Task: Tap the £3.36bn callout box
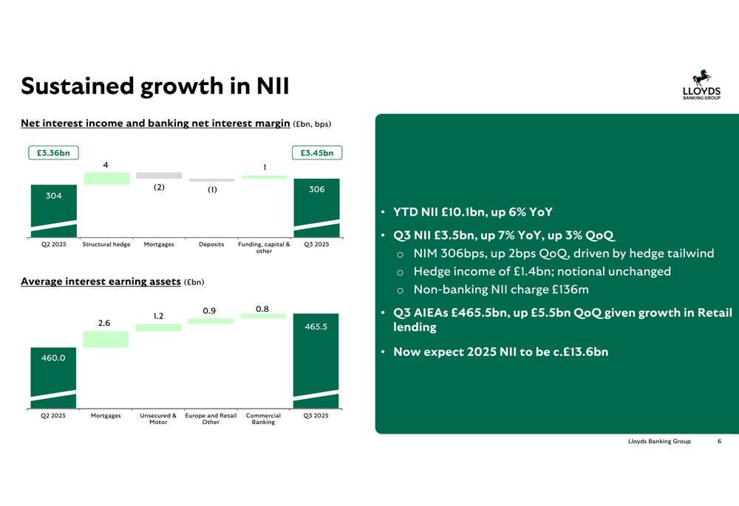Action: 53,153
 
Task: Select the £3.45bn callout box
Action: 317,153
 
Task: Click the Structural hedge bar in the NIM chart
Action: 106,178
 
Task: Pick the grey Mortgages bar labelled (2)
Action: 159,176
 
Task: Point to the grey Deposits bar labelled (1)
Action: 211,180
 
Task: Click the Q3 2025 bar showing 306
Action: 316,207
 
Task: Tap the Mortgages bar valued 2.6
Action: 106,339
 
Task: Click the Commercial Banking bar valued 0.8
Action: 264,315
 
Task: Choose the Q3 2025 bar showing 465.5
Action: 316,360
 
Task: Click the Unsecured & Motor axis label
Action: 158,419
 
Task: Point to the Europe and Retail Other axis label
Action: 211,419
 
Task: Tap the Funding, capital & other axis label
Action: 264,247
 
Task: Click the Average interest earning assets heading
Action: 101,281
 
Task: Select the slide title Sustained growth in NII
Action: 154,86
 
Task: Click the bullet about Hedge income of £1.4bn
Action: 542,271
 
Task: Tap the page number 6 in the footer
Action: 719,441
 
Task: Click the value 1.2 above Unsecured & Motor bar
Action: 158,316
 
